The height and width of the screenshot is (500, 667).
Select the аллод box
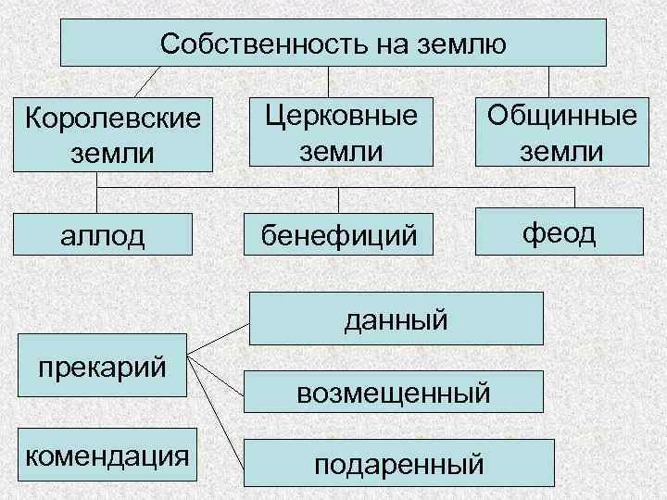tap(103, 235)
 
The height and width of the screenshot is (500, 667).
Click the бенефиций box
tap(338, 234)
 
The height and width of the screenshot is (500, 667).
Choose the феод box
tap(560, 232)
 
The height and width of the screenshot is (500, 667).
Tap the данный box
tap(396, 320)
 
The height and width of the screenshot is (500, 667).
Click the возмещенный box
tap(394, 393)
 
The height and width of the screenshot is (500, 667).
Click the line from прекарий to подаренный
tap(220, 406)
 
